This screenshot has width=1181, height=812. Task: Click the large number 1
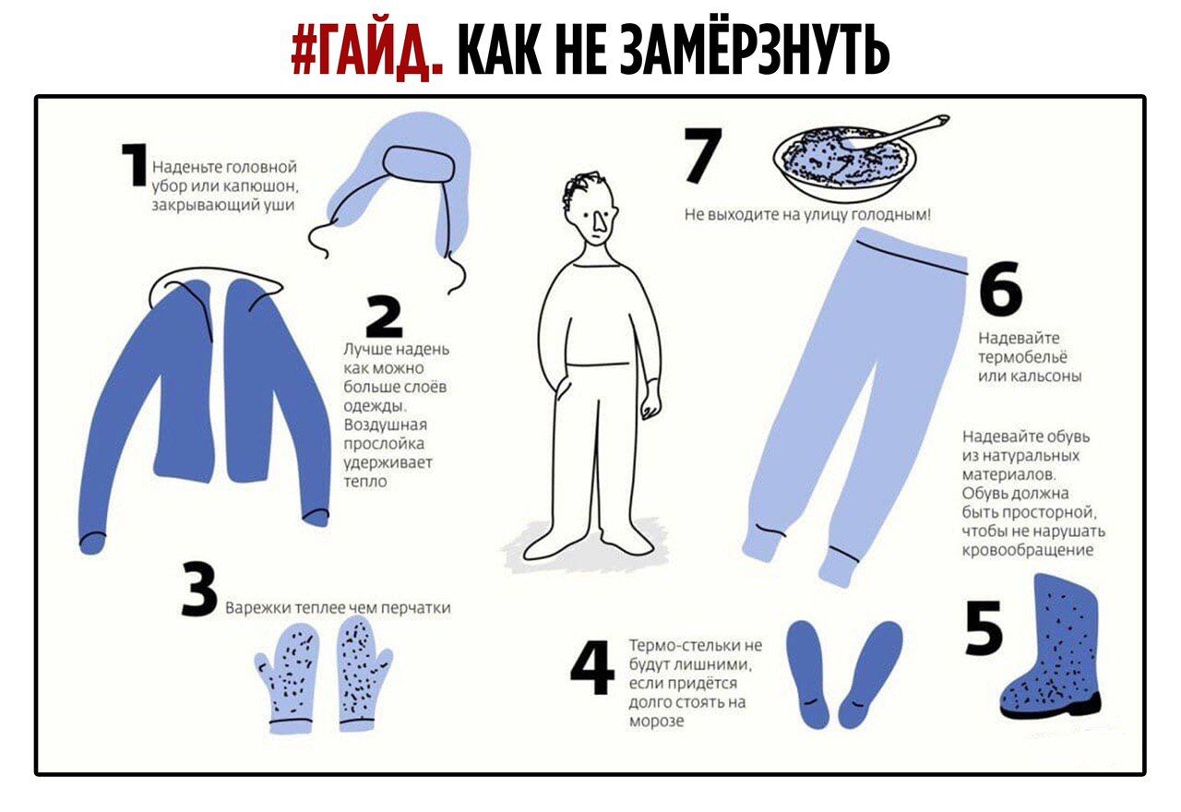133,166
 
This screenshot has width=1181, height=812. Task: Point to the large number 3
198,591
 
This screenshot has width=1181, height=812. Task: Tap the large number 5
984,629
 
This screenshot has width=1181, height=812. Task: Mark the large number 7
702,155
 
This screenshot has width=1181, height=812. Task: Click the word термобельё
1021,357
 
